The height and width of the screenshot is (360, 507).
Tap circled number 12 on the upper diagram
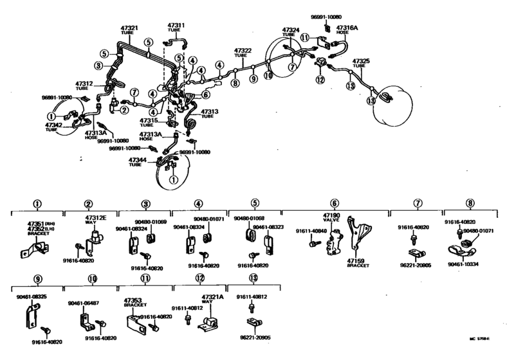[x=319, y=80]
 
